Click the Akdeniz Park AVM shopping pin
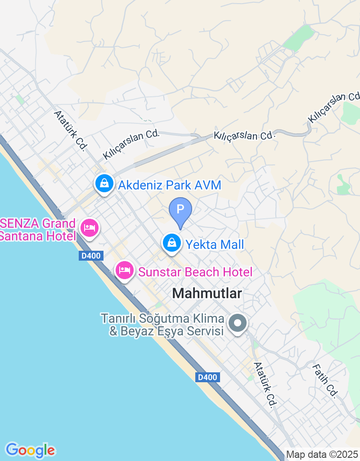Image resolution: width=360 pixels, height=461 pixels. pos(104,184)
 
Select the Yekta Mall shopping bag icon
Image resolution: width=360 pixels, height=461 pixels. pos(171,243)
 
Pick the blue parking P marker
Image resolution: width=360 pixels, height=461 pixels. pos(180,210)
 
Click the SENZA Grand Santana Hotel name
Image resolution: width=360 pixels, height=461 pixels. pos(38,230)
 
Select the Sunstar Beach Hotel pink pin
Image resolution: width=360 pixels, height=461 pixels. pos(124,270)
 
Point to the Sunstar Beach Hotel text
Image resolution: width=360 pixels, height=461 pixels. pos(195,272)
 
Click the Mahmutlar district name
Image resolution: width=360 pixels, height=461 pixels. pos(207,294)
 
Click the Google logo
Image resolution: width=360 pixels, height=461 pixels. pos(30,450)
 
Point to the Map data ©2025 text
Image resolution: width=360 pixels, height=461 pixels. pos(322,455)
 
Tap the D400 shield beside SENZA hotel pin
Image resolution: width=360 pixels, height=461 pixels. pos(91,256)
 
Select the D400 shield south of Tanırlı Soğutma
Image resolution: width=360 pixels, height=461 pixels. pos(207,378)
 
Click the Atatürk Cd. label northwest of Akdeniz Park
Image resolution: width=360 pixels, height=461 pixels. pos(70,131)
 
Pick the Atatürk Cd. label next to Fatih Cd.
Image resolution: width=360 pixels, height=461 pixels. pos(264,385)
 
